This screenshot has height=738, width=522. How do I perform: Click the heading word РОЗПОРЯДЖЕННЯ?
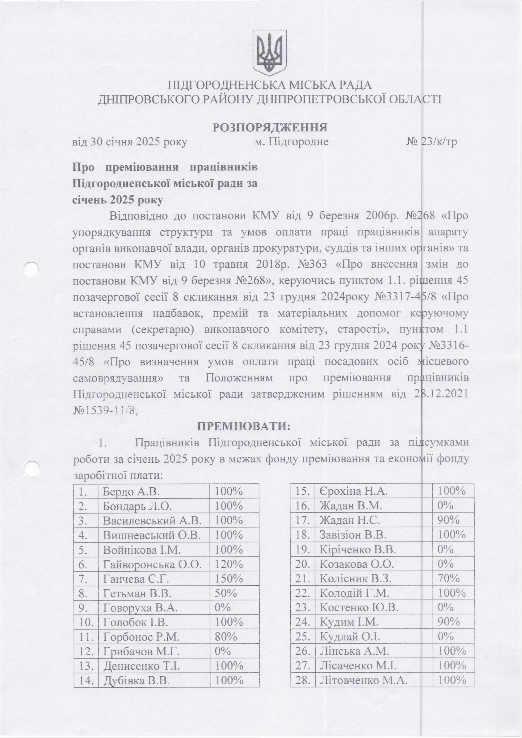tap(270, 127)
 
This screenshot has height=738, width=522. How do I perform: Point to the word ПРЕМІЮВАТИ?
tap(243, 427)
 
